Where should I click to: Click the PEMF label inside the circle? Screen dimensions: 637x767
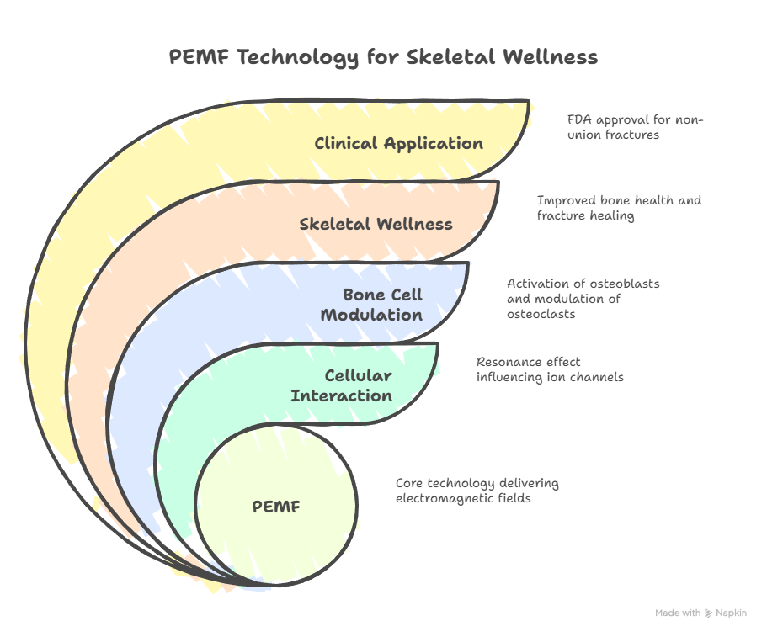click(276, 507)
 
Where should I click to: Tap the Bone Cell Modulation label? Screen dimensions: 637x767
click(382, 305)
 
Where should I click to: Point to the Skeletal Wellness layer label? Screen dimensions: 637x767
click(376, 224)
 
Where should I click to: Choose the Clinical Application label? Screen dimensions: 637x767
click(398, 143)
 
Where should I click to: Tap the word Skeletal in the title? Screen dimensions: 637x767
click(447, 57)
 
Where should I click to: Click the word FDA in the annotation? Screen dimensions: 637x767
click(578, 119)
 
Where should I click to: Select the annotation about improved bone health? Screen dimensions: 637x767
click(619, 208)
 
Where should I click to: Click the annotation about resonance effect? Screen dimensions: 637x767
click(550, 369)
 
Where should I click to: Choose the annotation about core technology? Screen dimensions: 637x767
click(477, 491)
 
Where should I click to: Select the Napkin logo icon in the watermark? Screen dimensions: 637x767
click(708, 613)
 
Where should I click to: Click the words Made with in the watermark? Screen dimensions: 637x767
click(678, 613)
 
